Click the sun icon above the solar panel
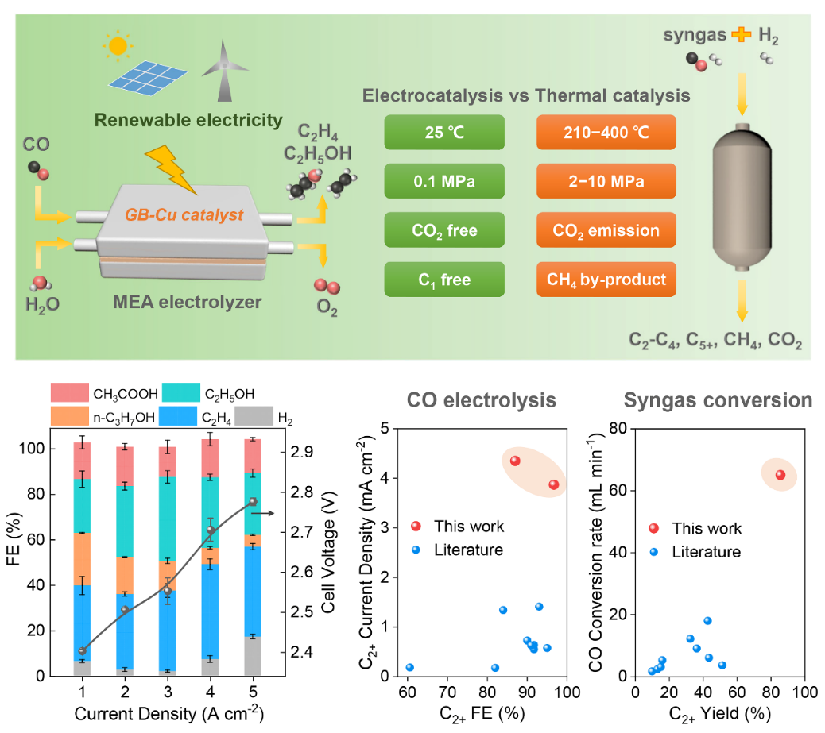(x=118, y=47)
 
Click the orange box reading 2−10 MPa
(x=606, y=180)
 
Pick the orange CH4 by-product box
(x=606, y=279)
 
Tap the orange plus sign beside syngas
(x=741, y=34)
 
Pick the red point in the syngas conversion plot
(x=780, y=475)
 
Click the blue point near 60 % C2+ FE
(x=410, y=667)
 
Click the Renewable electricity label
(x=188, y=121)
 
